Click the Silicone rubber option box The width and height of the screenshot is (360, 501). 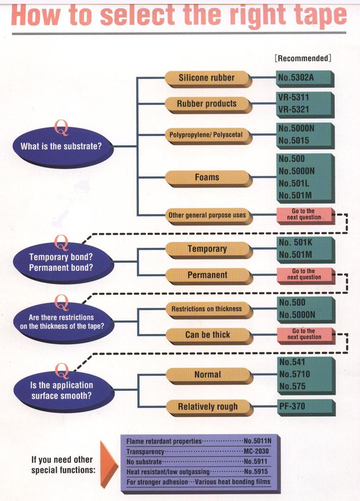[x=207, y=77]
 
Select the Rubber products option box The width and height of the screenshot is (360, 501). [x=207, y=104]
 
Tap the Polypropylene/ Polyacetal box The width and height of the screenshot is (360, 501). [x=207, y=135]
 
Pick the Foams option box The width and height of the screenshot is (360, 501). [x=207, y=177]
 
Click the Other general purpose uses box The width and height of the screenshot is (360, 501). [x=207, y=215]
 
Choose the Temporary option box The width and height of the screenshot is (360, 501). [x=207, y=249]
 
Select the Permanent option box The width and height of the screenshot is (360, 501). [x=207, y=275]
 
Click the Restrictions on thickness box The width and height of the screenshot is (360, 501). [x=207, y=309]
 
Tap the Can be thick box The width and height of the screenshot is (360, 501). [x=207, y=334]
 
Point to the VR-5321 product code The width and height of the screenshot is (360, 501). [x=294, y=110]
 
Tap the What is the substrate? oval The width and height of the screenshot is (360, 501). [x=61, y=146]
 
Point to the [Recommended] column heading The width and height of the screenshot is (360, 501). [x=302, y=58]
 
